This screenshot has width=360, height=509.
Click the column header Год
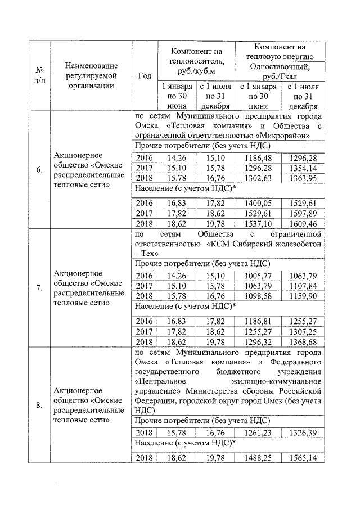coord(143,76)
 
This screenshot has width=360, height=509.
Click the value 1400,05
coord(257,202)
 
